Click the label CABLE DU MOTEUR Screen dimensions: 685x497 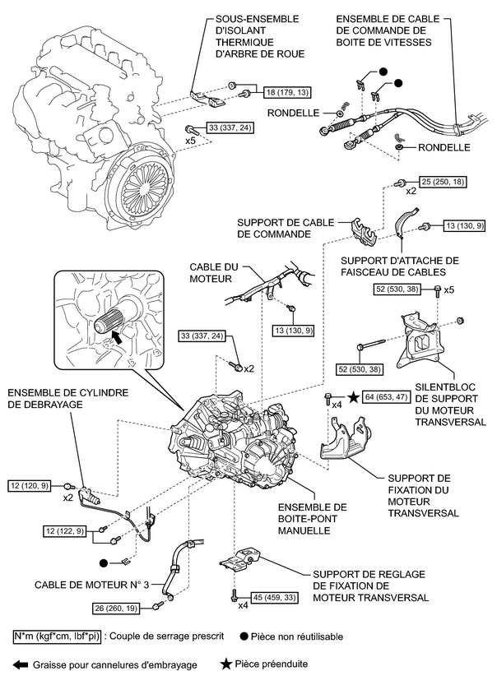(x=211, y=273)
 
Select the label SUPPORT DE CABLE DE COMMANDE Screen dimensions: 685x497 (x=274, y=228)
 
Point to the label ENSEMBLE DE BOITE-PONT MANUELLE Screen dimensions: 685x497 (x=312, y=519)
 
